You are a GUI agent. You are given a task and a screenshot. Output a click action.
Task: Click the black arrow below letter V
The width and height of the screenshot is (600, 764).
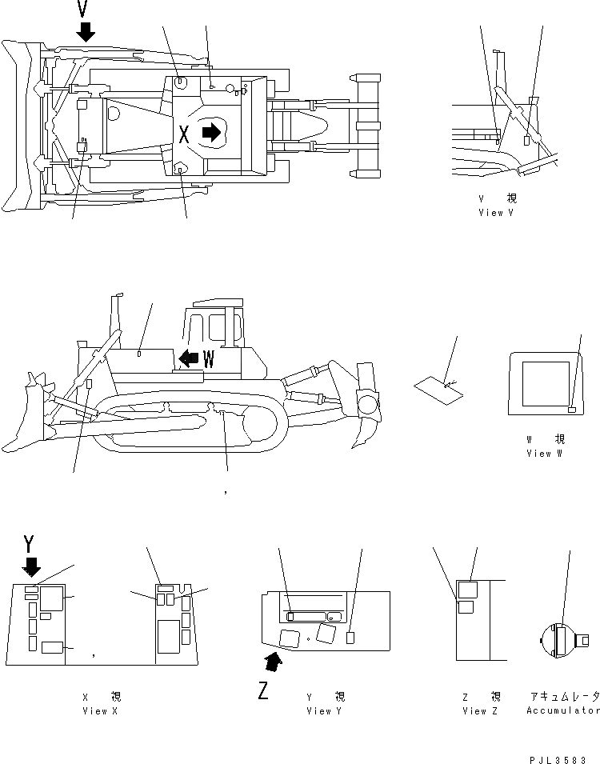(86, 32)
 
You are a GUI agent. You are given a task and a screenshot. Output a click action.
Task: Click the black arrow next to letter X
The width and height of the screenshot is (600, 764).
(211, 133)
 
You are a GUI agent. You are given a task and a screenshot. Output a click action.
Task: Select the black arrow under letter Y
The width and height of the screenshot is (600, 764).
(31, 566)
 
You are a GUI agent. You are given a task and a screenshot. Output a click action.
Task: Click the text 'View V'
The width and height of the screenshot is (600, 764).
(496, 213)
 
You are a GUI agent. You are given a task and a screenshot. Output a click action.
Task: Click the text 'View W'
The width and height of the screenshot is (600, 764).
(544, 454)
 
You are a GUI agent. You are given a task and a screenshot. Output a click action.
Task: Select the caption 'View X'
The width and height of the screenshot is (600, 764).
(100, 711)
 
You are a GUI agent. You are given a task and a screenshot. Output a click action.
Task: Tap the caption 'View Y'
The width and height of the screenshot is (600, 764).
(324, 711)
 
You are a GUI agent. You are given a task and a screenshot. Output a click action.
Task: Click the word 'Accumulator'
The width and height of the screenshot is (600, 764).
(562, 711)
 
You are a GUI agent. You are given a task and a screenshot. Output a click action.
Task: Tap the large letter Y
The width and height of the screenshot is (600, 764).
(30, 545)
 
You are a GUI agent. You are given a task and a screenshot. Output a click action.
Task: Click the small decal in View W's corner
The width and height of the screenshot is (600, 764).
(571, 410)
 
